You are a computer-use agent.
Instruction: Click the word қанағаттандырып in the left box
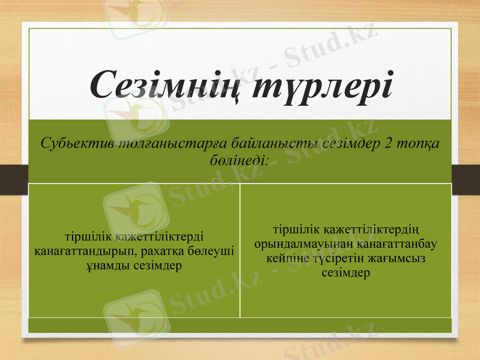tap(86, 251)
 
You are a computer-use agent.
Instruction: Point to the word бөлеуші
tap(214, 251)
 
